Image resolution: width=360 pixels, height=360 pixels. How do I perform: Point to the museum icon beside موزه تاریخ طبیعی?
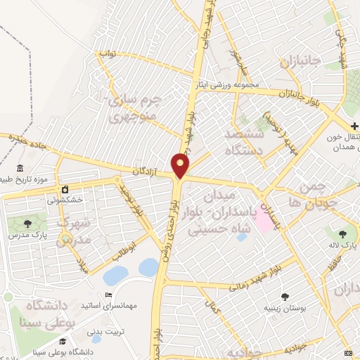[19, 170]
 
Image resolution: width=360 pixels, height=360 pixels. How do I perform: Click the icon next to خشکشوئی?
[65, 190]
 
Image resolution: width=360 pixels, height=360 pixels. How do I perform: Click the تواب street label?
[106, 53]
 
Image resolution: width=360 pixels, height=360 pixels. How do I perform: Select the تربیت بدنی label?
[104, 329]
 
